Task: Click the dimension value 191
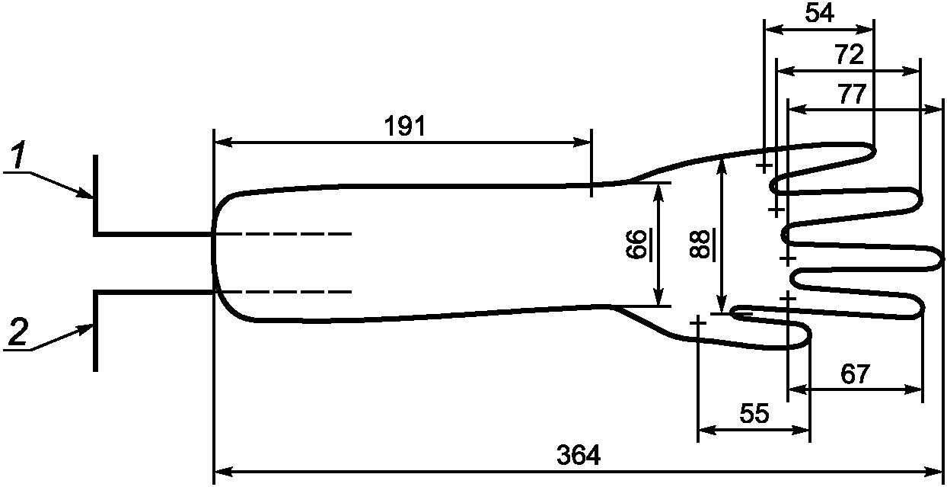point(404,126)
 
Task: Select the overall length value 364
point(579,455)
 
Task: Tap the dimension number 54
point(819,13)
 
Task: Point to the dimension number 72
point(850,55)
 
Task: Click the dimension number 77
point(853,94)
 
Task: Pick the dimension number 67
point(855,374)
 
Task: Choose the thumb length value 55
point(754,414)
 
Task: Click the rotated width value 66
point(636,244)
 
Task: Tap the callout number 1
point(18,155)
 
